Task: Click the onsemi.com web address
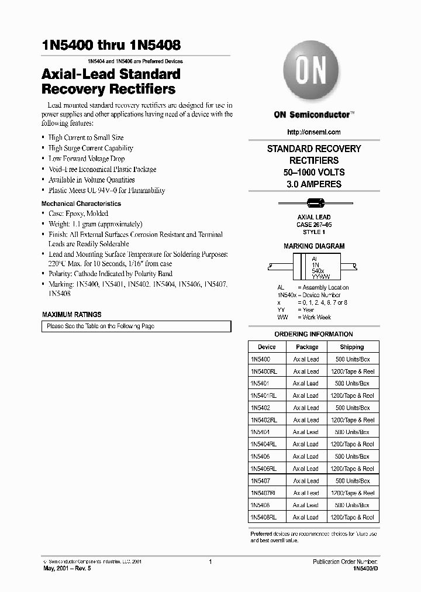[314, 132]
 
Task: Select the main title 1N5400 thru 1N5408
[111, 45]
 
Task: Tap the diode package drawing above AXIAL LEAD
[314, 204]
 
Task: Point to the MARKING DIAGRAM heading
[314, 246]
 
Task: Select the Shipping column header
[351, 347]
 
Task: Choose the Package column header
[306, 347]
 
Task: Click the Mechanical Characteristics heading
[81, 204]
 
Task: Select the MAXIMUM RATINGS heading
[72, 314]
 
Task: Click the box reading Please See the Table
[136, 326]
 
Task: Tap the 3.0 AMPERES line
[314, 184]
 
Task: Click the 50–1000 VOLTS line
[314, 173]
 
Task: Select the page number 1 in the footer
[209, 562]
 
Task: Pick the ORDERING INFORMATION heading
[314, 334]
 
